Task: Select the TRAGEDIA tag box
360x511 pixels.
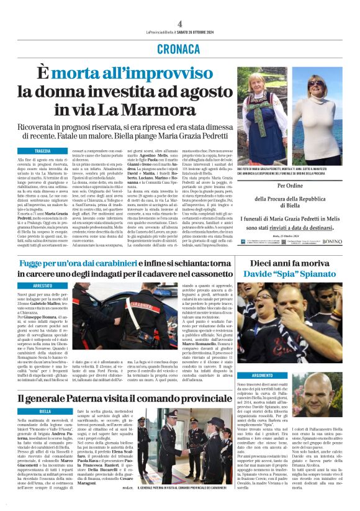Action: (x=43, y=151)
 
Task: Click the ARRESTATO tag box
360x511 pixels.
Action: (x=43, y=286)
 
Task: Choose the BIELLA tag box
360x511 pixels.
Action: (x=45, y=411)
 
